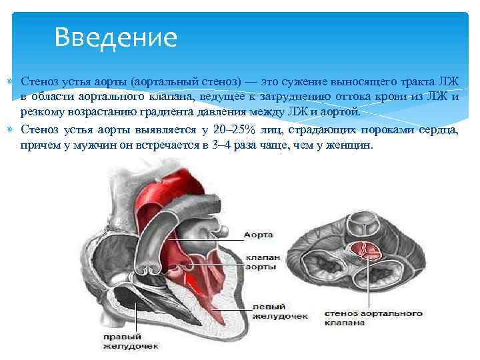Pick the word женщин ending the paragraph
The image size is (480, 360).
(x=346, y=145)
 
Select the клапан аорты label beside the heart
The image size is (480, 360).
(x=261, y=261)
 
